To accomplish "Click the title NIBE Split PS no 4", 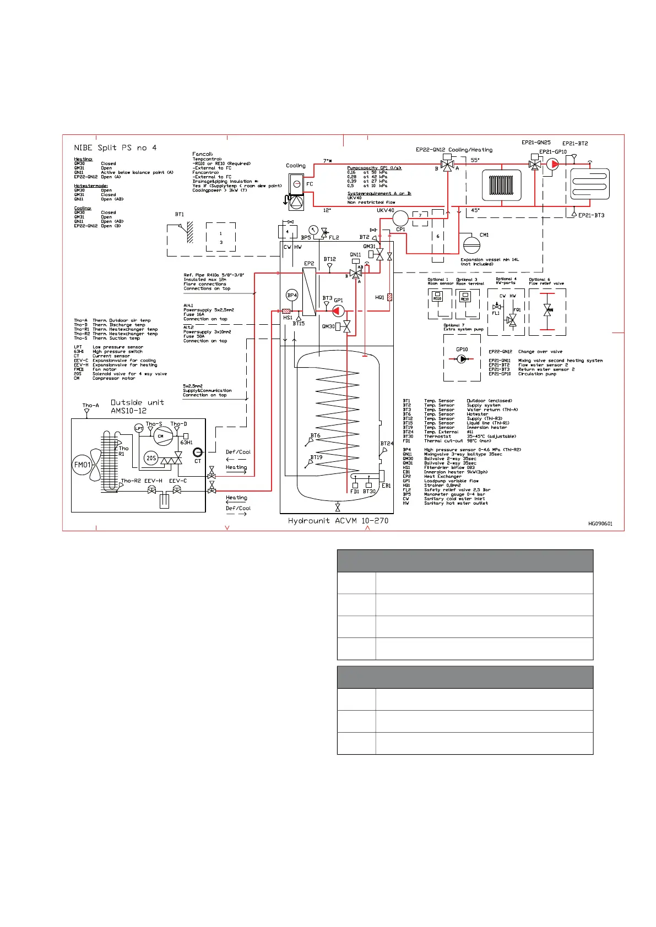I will tap(115, 148).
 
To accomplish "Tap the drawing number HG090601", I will tap(600, 524).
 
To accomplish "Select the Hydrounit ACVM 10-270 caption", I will tap(338, 520).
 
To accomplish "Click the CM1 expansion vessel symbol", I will tap(471, 243).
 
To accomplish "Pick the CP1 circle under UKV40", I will tap(400, 219).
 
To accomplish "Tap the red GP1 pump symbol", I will tap(338, 312).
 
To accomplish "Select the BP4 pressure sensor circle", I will tap(292, 295).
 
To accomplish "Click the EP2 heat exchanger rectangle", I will tap(309, 291).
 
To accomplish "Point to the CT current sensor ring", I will tap(198, 452).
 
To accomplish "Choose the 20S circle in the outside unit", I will tap(151, 457).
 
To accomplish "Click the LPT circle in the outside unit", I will tap(139, 428).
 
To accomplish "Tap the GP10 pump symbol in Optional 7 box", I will tap(462, 359).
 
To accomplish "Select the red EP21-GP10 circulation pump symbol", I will tap(552, 163).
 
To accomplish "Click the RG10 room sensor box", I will tap(437, 297).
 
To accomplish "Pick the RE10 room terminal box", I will tap(465, 297).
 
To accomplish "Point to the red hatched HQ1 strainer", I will tap(389, 297).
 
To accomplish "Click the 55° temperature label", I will tap(475, 160).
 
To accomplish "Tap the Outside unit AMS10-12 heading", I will tap(137, 406).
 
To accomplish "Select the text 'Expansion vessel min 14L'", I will tap(490, 259).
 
